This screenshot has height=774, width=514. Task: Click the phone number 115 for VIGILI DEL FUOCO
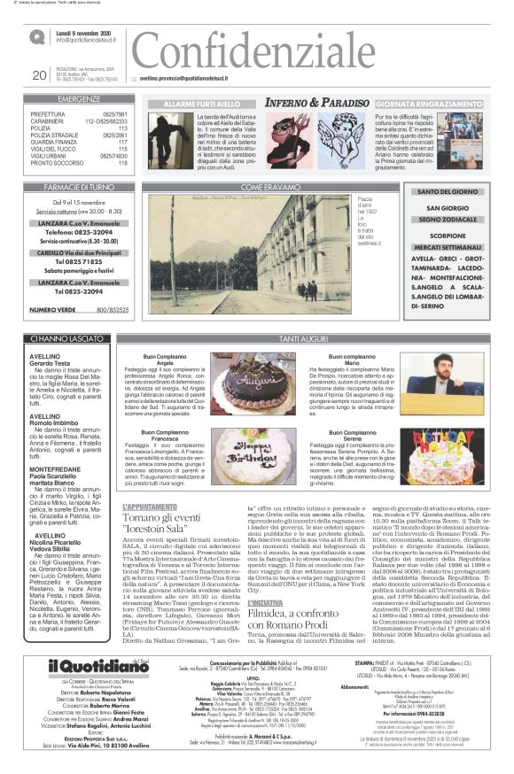(x=122, y=148)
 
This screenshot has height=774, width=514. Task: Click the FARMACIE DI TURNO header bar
(x=78, y=188)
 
